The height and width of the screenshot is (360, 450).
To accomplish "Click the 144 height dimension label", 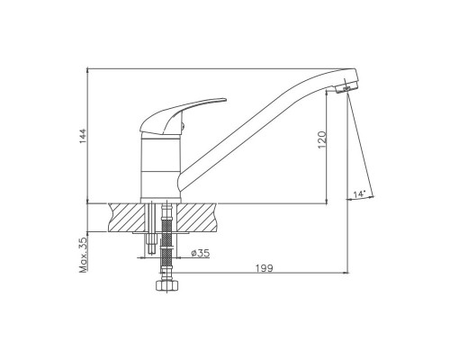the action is (x=83, y=136).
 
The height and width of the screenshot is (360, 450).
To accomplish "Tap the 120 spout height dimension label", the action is (x=322, y=139).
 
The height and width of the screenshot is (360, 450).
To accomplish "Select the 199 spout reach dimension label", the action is (x=265, y=268).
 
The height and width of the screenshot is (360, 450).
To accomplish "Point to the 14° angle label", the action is (x=359, y=193).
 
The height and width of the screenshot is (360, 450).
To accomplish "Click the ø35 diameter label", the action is (x=201, y=253).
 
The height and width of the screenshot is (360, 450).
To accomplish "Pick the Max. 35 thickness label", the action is (x=83, y=255).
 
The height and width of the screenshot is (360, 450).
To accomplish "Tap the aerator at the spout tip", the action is (x=346, y=88).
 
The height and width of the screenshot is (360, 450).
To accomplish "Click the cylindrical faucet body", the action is (x=161, y=168).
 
